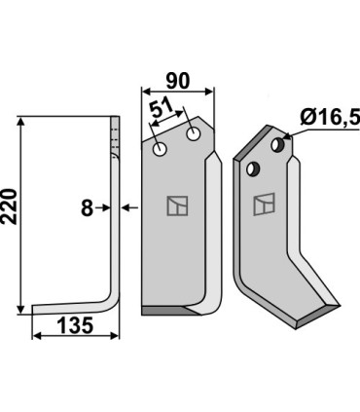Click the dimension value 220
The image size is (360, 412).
pyautogui.click(x=10, y=206)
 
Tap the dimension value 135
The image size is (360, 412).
pyautogui.click(x=75, y=325)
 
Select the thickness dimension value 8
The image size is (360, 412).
pyautogui.click(x=87, y=208)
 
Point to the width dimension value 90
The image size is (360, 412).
pyautogui.click(x=178, y=81)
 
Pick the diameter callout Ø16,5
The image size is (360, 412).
pyautogui.click(x=330, y=118)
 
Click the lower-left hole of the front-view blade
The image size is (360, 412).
pyautogui.click(x=160, y=149)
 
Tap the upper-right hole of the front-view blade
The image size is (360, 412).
pyautogui.click(x=194, y=133)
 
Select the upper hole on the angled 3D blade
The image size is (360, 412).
pyautogui.click(x=277, y=144)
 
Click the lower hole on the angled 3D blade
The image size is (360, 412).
pyautogui.click(x=253, y=169)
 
